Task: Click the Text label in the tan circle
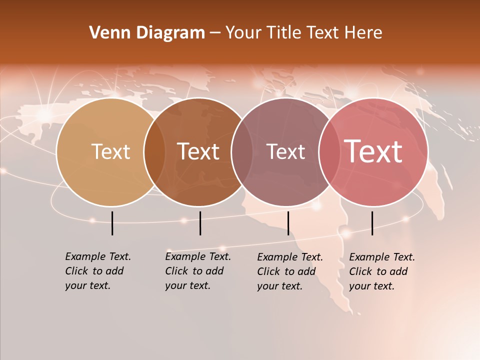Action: pos(111,152)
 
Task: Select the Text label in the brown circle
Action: pos(198,152)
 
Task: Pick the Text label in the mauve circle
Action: pos(286,152)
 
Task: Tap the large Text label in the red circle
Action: pos(373,151)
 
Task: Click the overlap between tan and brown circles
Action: pos(154,152)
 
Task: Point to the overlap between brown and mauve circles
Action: pos(242,152)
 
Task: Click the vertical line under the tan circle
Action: pos(112,223)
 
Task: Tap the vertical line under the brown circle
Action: pos(200,223)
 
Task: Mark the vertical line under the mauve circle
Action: pos(288,223)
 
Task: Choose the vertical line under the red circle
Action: pos(372,223)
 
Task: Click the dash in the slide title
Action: pos(215,33)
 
